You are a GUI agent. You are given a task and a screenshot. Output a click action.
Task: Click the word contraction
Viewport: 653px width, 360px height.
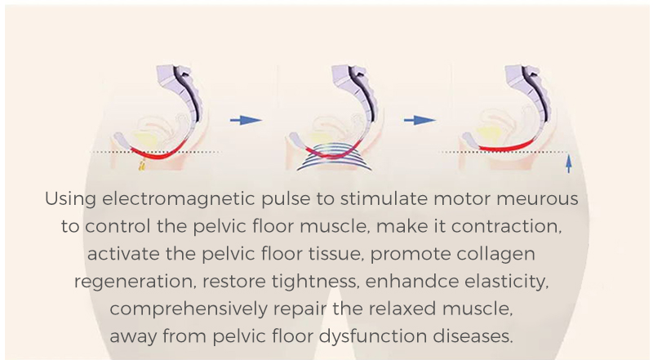[511, 226]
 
